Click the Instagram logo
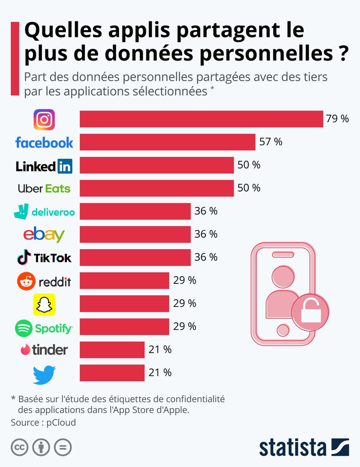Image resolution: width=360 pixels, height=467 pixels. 44,119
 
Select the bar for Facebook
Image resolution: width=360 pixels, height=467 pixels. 167,142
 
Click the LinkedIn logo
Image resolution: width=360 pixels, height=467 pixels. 44,166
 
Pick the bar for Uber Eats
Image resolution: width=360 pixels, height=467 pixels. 156,188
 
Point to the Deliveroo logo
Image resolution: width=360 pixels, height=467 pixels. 44,212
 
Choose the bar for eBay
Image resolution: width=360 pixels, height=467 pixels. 135,234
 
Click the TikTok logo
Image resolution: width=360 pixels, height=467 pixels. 44,258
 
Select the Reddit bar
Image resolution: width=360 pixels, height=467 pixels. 124,280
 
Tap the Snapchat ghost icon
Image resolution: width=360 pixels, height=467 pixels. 44,304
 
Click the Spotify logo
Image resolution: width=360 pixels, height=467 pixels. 44,328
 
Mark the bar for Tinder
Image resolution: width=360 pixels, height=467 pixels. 112,349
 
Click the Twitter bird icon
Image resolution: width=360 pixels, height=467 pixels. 44,374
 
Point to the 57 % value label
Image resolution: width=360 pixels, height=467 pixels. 270,142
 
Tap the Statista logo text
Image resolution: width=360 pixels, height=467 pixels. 293,447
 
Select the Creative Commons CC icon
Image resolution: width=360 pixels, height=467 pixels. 19,448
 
